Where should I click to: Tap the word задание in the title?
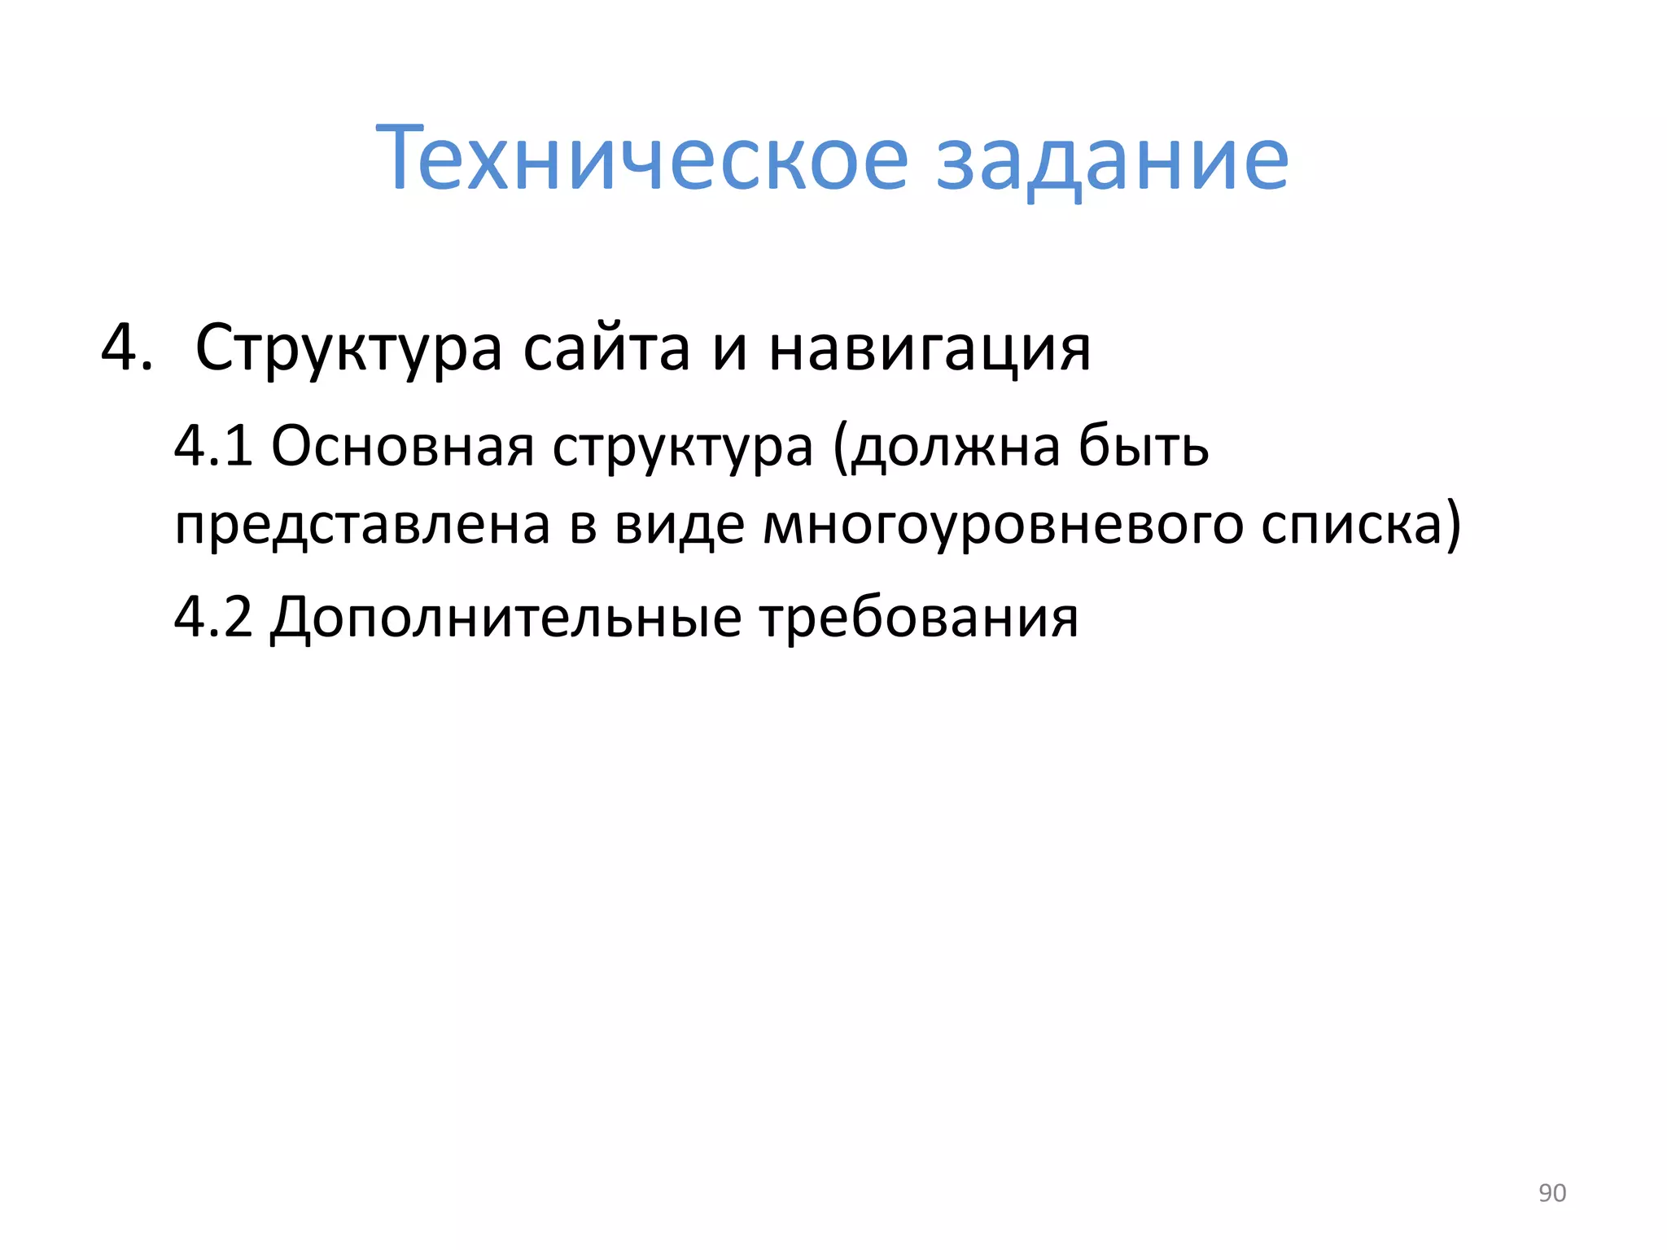pos(1112,160)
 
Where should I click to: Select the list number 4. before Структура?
pos(127,347)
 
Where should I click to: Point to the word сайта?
pos(606,348)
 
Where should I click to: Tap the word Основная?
pos(402,447)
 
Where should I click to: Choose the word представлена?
pos(362,526)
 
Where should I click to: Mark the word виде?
pos(680,524)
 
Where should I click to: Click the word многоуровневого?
pos(1003,526)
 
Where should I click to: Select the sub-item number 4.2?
pos(213,617)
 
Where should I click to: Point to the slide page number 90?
pos(1551,1193)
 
